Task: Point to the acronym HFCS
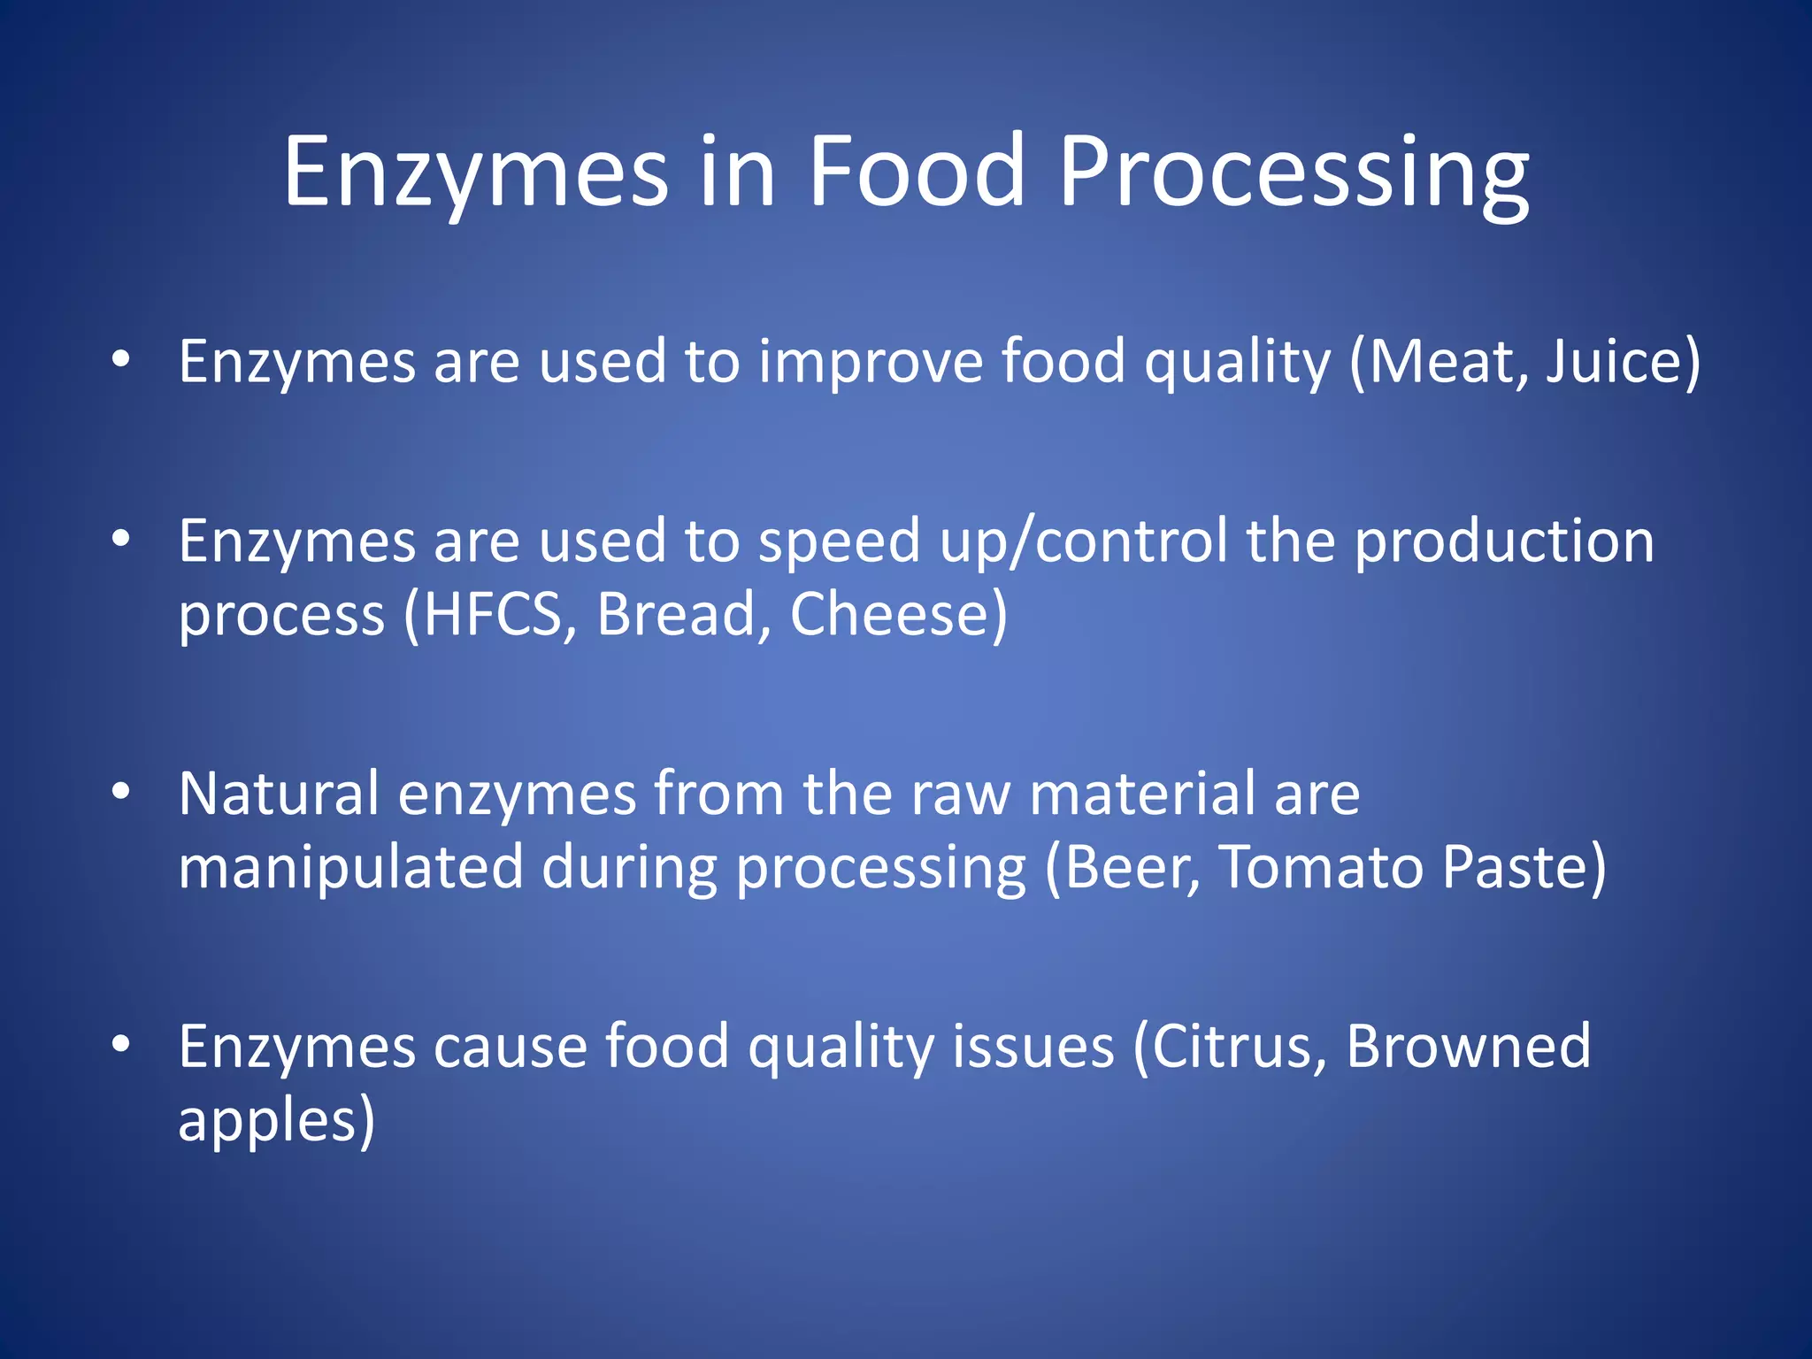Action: (492, 614)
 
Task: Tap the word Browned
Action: (1468, 1047)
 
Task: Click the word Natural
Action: (279, 794)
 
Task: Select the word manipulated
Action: (350, 866)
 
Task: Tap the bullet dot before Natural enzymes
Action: (121, 790)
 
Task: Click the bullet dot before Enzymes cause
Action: (121, 1043)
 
